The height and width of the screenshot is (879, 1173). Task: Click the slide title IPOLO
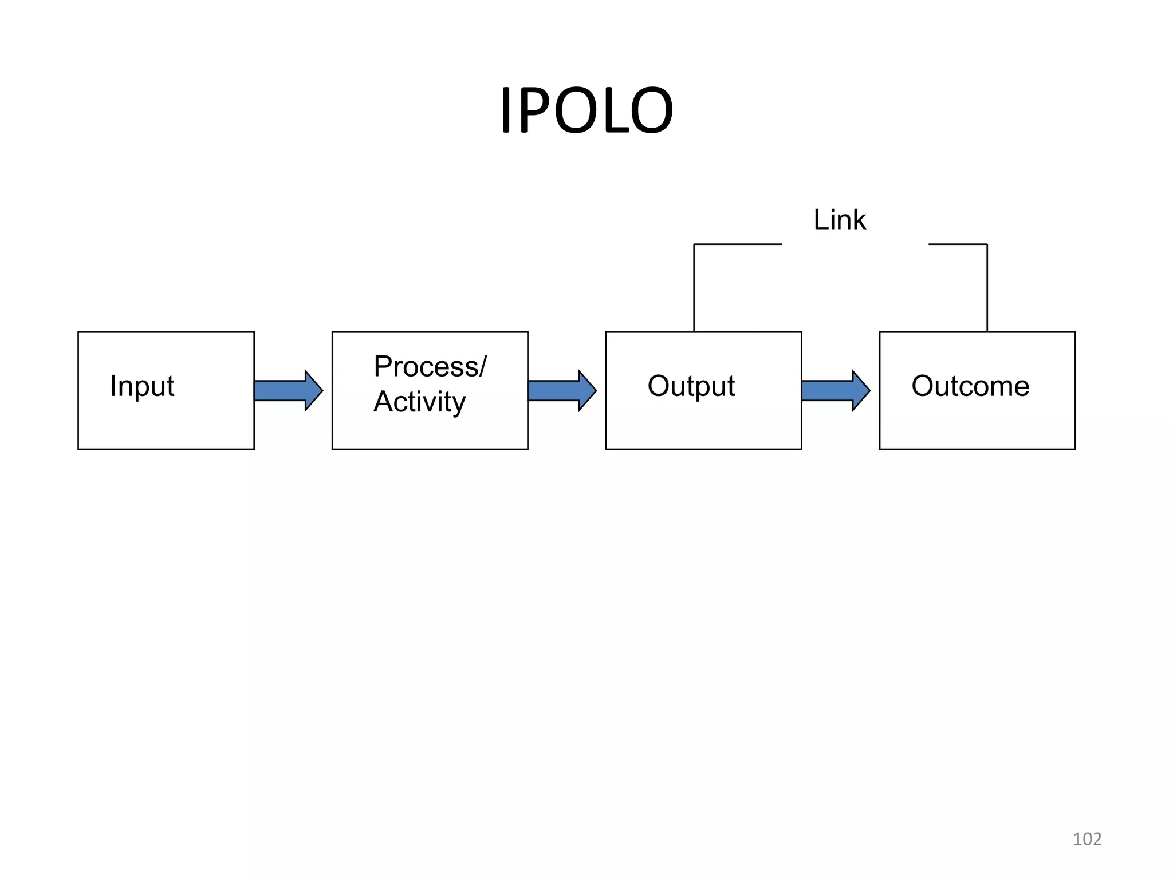point(586,110)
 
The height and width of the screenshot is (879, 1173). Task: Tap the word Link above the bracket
point(840,220)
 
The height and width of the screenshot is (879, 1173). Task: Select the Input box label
point(142,386)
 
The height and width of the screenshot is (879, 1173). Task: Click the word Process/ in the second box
point(430,366)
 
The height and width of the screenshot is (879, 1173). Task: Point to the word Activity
point(420,402)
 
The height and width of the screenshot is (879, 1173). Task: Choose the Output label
point(691,386)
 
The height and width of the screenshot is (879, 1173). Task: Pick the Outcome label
point(970,386)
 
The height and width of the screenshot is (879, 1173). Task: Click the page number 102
point(1087,839)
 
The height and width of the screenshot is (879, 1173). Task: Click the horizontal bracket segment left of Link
point(738,244)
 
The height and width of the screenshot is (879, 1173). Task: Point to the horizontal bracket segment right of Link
point(958,244)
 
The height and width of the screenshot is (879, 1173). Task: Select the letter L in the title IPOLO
point(605,110)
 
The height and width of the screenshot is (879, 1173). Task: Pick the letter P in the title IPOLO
point(533,110)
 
